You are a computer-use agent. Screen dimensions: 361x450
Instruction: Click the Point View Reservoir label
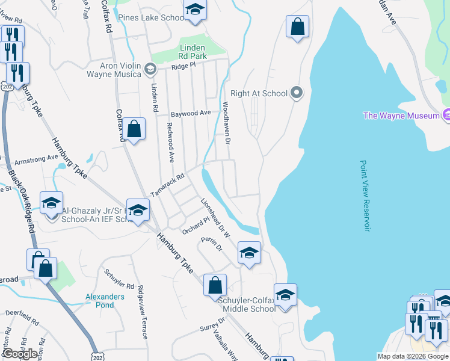(x=364, y=196)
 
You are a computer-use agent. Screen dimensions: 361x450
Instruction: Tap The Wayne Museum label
(x=401, y=116)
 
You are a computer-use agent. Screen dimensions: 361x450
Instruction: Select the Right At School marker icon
(x=296, y=93)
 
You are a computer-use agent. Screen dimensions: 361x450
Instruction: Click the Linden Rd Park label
(x=193, y=52)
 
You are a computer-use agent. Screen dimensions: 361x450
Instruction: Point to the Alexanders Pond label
(x=104, y=301)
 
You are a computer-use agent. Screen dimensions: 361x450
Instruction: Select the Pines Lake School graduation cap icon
(x=194, y=10)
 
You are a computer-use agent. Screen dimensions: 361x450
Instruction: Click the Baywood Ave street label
(x=190, y=113)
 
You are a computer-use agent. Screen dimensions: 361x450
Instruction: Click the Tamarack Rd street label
(x=167, y=180)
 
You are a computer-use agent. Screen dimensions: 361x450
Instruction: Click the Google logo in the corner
(x=20, y=353)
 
